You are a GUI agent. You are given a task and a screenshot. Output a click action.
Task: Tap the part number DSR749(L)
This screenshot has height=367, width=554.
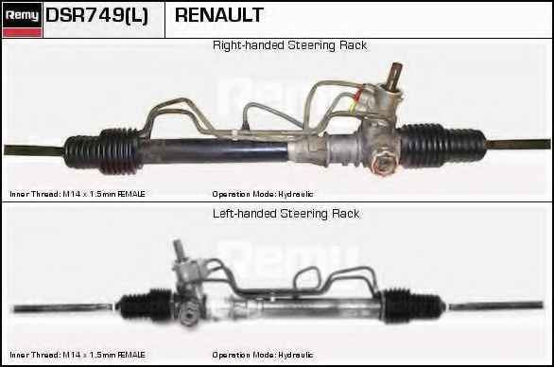(96, 15)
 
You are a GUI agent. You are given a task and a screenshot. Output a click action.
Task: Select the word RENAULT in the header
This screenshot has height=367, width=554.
(219, 15)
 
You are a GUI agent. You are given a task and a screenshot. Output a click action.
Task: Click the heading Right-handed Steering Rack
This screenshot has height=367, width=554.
(289, 45)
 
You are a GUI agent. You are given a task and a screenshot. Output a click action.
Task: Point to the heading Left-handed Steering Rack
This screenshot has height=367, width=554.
(286, 214)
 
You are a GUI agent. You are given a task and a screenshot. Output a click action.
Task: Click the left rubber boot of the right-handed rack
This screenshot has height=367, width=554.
(103, 151)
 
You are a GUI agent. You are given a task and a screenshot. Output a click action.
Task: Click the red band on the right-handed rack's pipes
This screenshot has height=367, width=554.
(358, 95)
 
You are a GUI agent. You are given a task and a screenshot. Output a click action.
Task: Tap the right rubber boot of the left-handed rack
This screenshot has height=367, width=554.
(413, 306)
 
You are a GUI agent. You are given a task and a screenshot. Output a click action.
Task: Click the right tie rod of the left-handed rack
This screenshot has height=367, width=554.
(494, 306)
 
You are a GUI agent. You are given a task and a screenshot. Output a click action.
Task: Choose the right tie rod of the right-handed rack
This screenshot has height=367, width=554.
(518, 145)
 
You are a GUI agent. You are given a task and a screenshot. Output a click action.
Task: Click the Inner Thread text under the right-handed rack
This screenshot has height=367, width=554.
(78, 194)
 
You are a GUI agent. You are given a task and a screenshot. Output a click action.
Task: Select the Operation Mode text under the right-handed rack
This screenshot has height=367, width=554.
(263, 194)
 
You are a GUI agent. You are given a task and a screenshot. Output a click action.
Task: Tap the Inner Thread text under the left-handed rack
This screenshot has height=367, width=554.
(78, 355)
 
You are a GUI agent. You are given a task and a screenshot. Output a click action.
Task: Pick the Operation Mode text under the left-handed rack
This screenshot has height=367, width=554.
(263, 355)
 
